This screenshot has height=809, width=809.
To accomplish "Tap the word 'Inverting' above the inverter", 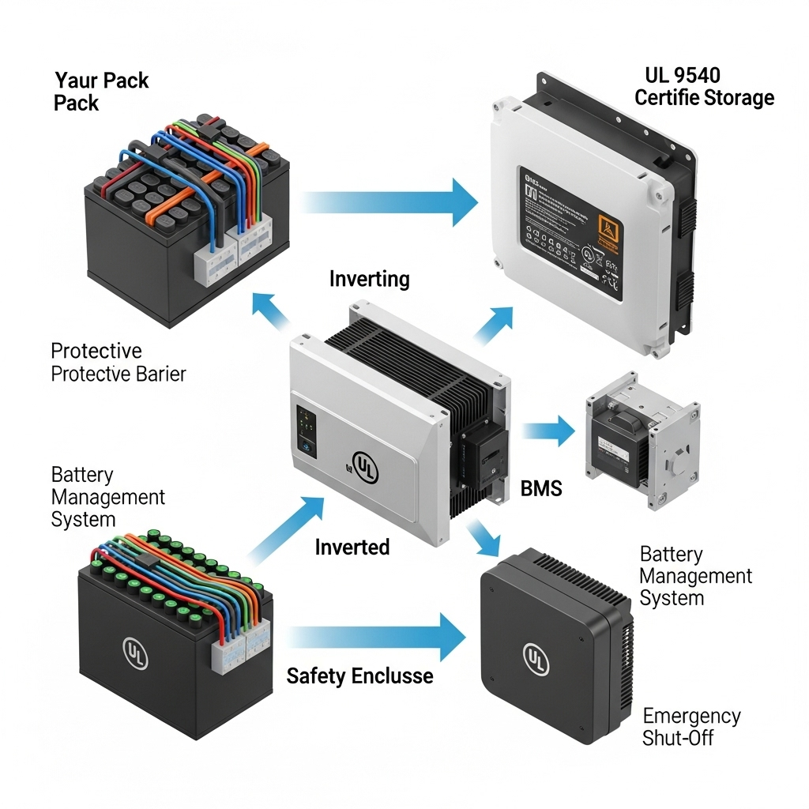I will point(369,279).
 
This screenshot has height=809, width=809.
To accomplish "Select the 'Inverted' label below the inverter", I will point(352,547).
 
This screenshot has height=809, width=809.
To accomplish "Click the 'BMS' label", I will point(541,489).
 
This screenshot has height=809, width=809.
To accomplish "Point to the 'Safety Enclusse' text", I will point(359,675).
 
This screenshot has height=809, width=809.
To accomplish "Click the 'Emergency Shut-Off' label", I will point(691,727).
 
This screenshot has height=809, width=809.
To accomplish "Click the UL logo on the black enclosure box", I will point(536,658).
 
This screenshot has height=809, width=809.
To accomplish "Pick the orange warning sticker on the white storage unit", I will point(610,230).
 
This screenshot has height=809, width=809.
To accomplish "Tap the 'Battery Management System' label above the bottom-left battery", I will point(107,497).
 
